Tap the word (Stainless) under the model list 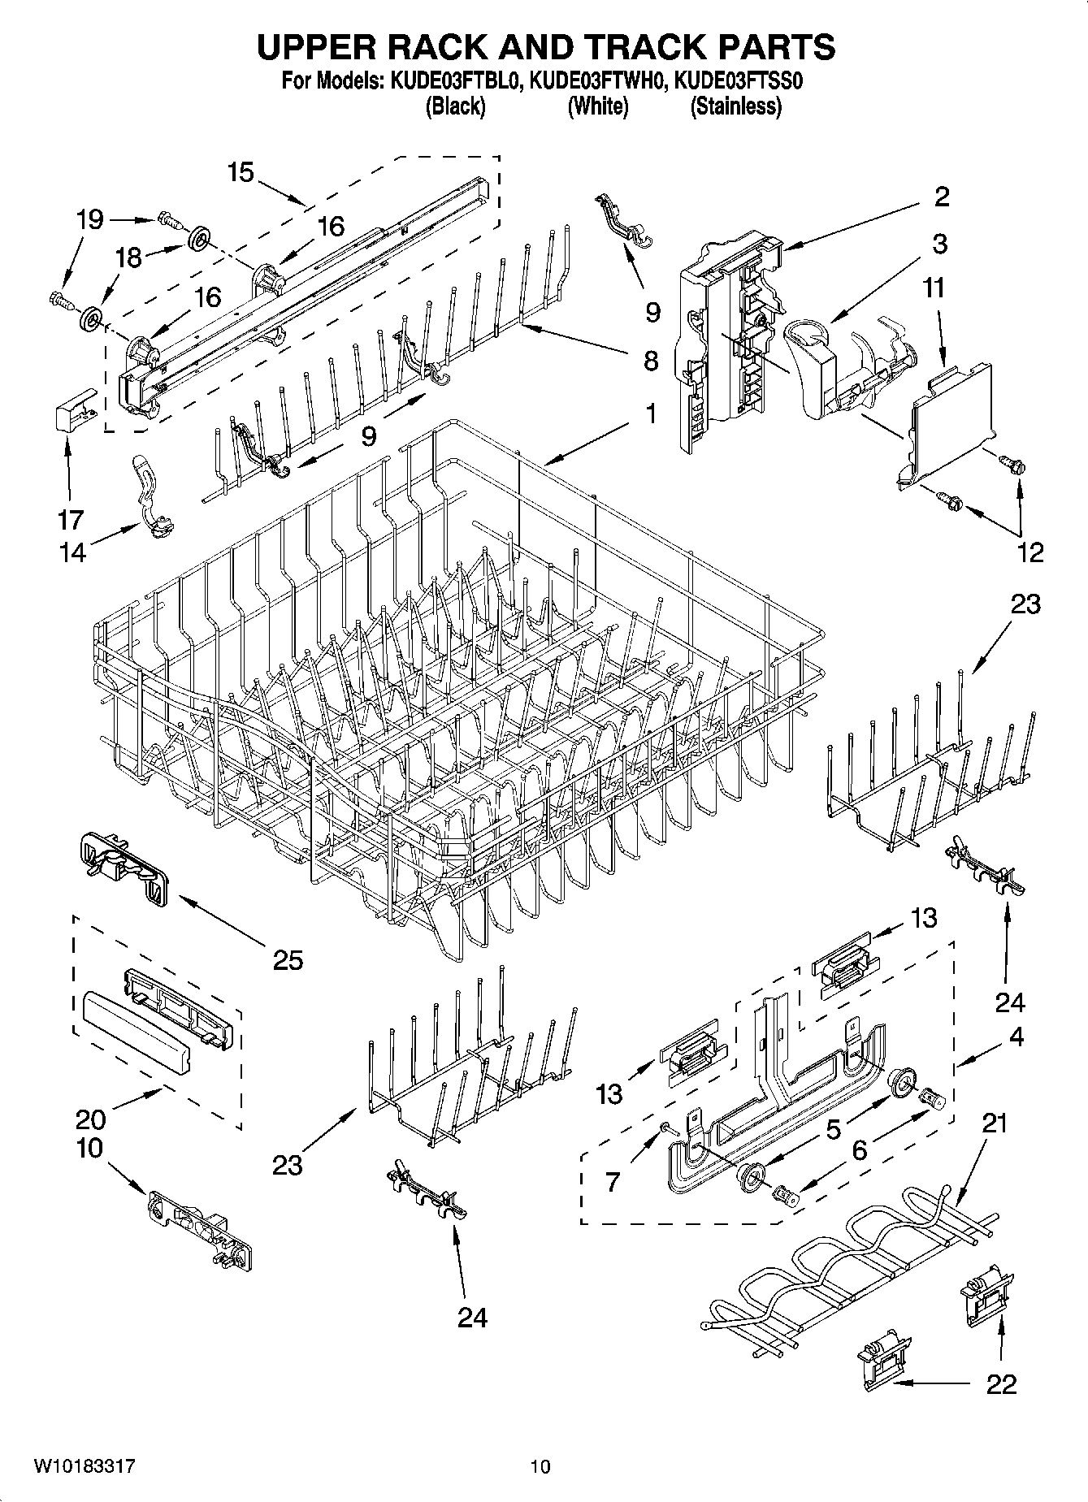(x=735, y=106)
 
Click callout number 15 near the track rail (x=241, y=172)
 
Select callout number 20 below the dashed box (x=90, y=1119)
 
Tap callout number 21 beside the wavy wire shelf (x=994, y=1123)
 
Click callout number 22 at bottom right (x=1001, y=1383)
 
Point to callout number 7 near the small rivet (x=613, y=1181)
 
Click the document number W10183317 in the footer (x=85, y=1465)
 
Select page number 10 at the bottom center (x=540, y=1466)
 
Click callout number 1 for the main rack (x=651, y=414)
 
